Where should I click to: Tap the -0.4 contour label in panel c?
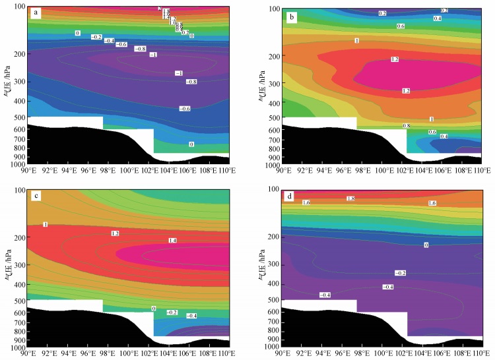(x=192, y=316)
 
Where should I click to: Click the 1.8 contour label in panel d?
(x=351, y=198)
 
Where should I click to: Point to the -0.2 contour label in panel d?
(x=400, y=272)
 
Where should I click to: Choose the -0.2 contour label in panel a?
(x=96, y=37)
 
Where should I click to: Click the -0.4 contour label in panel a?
(x=110, y=41)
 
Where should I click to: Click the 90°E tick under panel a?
(x=28, y=171)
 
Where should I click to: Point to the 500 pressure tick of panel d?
(x=273, y=300)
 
